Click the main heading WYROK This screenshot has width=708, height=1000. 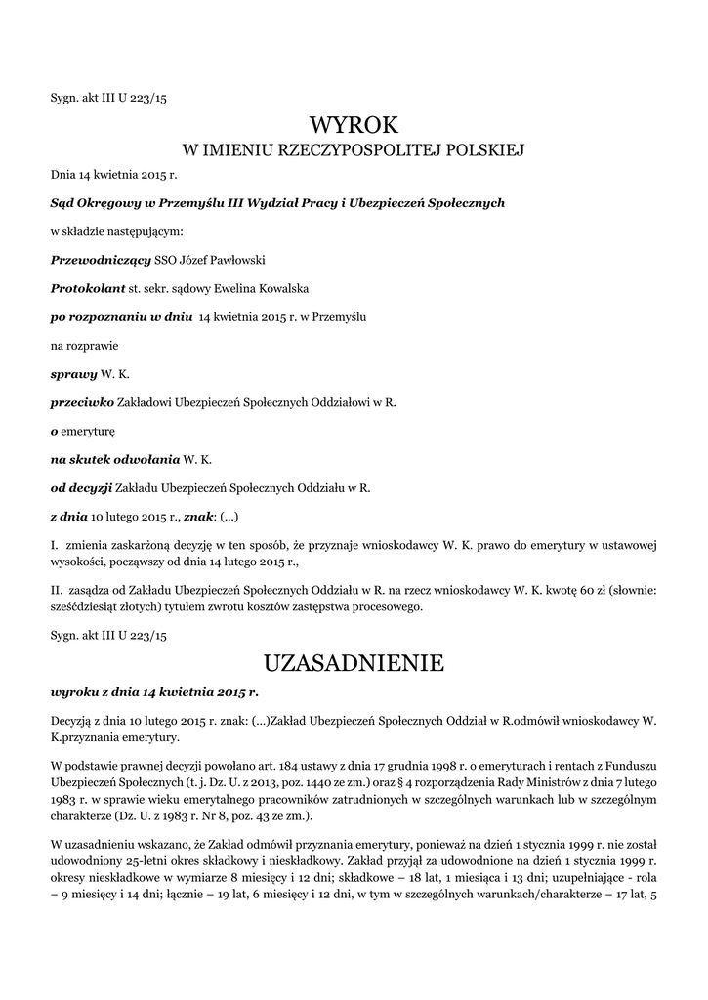click(354, 125)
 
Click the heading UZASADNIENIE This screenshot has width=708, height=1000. click(354, 664)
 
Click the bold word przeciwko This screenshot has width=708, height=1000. click(82, 402)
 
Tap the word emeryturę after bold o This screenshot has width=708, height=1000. click(89, 431)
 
